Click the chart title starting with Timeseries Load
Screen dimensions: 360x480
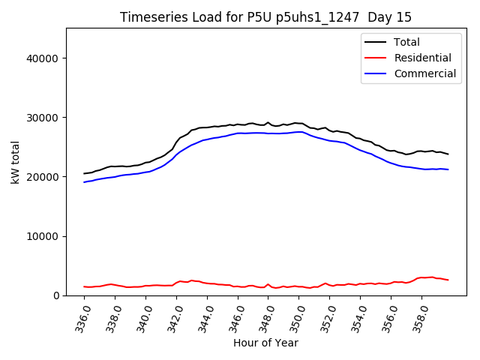click(265, 17)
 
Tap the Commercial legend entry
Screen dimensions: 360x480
click(424, 73)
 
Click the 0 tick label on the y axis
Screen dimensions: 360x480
click(56, 295)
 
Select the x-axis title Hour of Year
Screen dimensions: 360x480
click(265, 343)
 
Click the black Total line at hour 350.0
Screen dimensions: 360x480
click(299, 123)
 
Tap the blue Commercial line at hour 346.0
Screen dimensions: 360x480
click(238, 133)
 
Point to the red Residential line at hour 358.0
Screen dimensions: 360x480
click(421, 277)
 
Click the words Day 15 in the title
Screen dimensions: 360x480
click(390, 17)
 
